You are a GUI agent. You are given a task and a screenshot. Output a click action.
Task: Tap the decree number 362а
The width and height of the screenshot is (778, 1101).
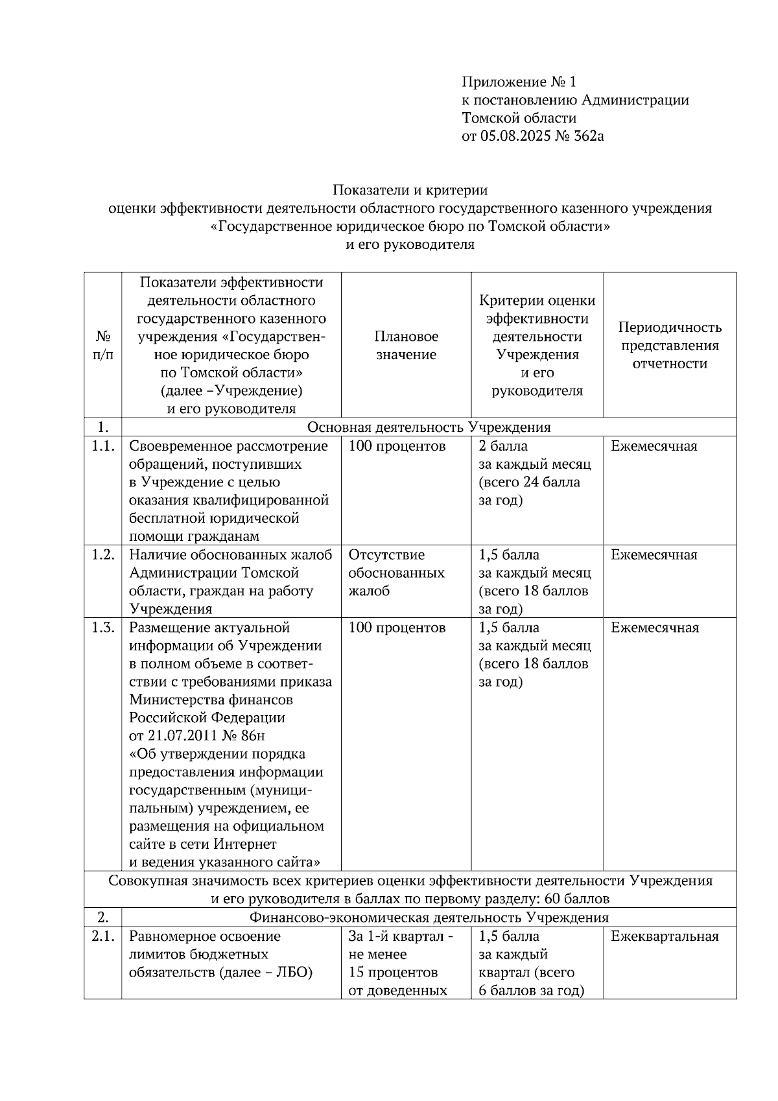coord(587,136)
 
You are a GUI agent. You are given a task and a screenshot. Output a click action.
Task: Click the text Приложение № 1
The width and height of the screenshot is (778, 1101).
coord(518,82)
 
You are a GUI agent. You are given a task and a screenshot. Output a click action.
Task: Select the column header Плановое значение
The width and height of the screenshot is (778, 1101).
coord(406,346)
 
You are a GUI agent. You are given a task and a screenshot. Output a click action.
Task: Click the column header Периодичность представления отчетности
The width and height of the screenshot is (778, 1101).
coord(669,346)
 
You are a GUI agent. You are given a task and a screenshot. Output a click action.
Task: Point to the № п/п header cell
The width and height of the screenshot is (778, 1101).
coord(102,346)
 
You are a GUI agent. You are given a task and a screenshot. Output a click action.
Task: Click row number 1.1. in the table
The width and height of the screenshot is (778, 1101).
coord(102,446)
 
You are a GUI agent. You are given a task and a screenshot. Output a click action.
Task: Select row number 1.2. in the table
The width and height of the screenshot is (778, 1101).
coord(102,555)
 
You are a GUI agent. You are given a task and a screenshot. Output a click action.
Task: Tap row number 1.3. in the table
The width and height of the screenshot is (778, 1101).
coord(102,628)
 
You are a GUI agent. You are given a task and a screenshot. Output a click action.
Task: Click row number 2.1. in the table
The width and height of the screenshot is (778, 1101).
coord(102,936)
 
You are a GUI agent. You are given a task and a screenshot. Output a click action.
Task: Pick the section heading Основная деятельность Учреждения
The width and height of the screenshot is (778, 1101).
coord(429,427)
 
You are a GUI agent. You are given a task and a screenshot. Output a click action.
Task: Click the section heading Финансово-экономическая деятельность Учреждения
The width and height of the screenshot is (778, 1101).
coord(429,918)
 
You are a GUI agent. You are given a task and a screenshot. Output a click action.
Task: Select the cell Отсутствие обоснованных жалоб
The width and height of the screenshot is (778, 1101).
coord(396,573)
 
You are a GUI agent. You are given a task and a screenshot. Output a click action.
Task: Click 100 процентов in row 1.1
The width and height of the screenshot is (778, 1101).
coord(397,446)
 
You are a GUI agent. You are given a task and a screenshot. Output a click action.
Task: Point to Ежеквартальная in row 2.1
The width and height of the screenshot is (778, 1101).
coord(665,936)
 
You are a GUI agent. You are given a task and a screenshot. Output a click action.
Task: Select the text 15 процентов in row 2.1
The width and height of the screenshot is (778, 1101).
coord(393,973)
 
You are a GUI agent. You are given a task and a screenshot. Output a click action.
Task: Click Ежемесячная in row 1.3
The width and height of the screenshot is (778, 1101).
coord(655,628)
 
